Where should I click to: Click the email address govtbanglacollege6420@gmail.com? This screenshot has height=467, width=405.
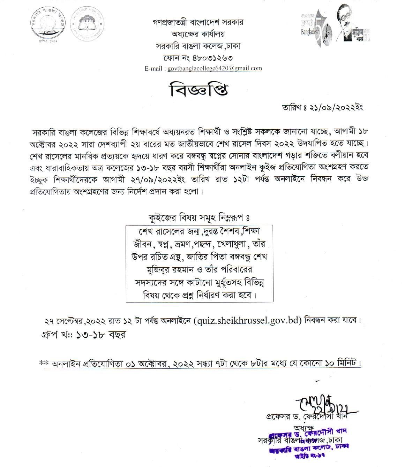215,68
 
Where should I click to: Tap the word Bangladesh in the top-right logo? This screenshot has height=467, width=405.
310,32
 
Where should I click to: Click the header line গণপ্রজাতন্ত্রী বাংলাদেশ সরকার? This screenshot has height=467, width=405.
198,22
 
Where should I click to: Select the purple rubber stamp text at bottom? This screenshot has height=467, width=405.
309,441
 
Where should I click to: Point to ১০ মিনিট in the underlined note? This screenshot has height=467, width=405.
341,363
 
